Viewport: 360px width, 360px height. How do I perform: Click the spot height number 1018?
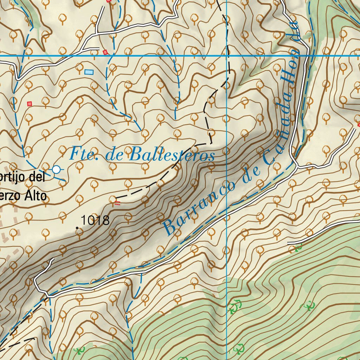point(95,221)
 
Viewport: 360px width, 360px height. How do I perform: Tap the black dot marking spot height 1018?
point(77,228)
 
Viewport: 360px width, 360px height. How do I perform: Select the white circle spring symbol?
point(56,169)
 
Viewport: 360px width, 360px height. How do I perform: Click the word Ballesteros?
point(172,155)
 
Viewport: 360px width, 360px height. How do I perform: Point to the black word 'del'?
point(37,177)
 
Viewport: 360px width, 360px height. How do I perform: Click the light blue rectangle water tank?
point(89,72)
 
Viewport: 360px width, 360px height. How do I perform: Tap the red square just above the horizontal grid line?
point(105,52)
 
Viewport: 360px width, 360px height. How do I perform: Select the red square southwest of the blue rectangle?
point(30,103)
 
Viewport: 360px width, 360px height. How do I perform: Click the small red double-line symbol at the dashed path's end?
point(117,202)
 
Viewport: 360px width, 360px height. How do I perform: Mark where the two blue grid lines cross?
point(227,56)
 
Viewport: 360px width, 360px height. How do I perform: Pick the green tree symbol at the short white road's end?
point(298,248)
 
